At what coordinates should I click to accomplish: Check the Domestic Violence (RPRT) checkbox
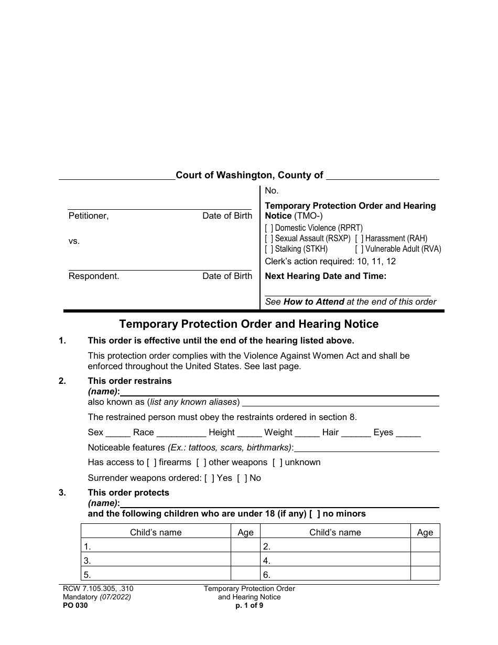click(x=269, y=228)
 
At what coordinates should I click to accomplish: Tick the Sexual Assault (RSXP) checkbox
click(x=269, y=239)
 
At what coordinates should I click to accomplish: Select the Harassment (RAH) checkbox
click(x=359, y=239)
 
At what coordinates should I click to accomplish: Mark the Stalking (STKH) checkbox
click(x=269, y=249)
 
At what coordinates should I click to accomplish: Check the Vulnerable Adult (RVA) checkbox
click(x=359, y=249)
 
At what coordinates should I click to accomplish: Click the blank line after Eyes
click(x=408, y=433)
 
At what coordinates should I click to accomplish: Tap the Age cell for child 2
click(x=425, y=546)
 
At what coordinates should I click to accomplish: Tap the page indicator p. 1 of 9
click(x=250, y=605)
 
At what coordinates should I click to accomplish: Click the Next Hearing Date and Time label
click(x=326, y=276)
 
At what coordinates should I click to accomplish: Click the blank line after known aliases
click(x=340, y=403)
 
